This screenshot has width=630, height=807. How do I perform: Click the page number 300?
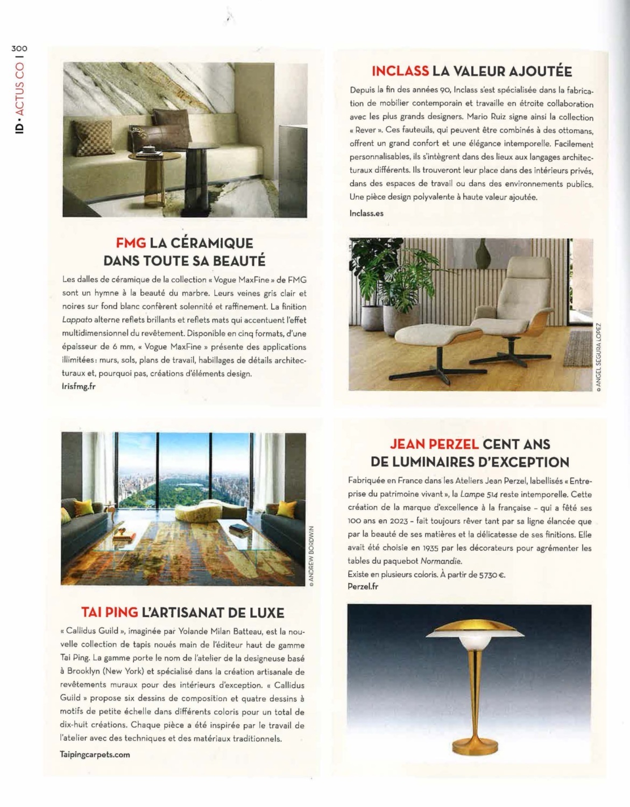tap(19, 48)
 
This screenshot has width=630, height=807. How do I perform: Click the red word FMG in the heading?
tap(131, 243)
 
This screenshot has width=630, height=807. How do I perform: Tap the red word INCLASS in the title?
tap(400, 72)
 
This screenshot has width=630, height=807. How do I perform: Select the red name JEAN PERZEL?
tap(434, 444)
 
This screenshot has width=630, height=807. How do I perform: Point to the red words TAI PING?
tap(109, 613)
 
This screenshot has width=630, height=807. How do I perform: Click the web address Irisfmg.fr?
tap(79, 386)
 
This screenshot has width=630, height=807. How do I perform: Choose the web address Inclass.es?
tap(366, 213)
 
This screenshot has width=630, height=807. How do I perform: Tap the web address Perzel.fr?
tap(363, 586)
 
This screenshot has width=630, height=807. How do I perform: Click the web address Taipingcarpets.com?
tap(95, 754)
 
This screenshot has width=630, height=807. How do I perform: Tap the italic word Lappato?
tap(77, 320)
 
